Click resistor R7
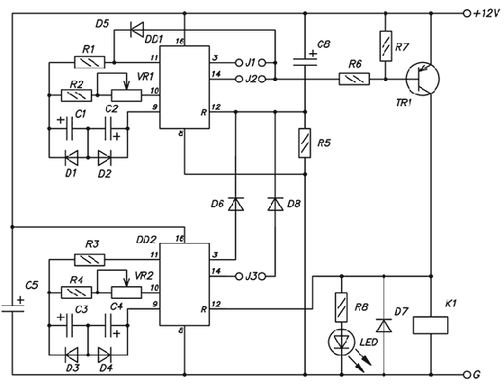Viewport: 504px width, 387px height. point(385,44)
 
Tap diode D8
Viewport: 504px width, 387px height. point(274,204)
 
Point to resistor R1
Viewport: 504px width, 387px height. point(88,62)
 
